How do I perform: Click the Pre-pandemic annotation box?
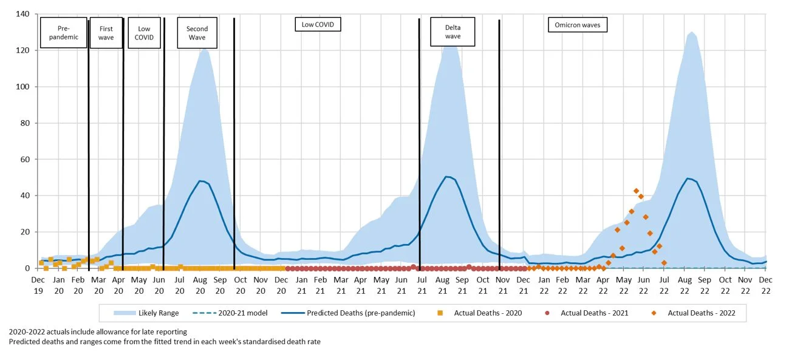pos(64,33)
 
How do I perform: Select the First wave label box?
pos(106,33)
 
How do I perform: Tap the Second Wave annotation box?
pos(197,33)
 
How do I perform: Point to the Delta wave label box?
pos(453,32)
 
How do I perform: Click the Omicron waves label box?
pos(578,25)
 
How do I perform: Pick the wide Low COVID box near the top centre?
pos(318,24)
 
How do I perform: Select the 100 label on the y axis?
pos(24,86)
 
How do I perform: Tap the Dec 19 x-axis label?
pos(38,284)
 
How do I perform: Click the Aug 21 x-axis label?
pos(442,284)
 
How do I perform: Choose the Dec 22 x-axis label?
pos(766,284)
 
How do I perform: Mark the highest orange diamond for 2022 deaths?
pos(636,191)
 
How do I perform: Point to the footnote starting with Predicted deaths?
pos(164,341)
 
